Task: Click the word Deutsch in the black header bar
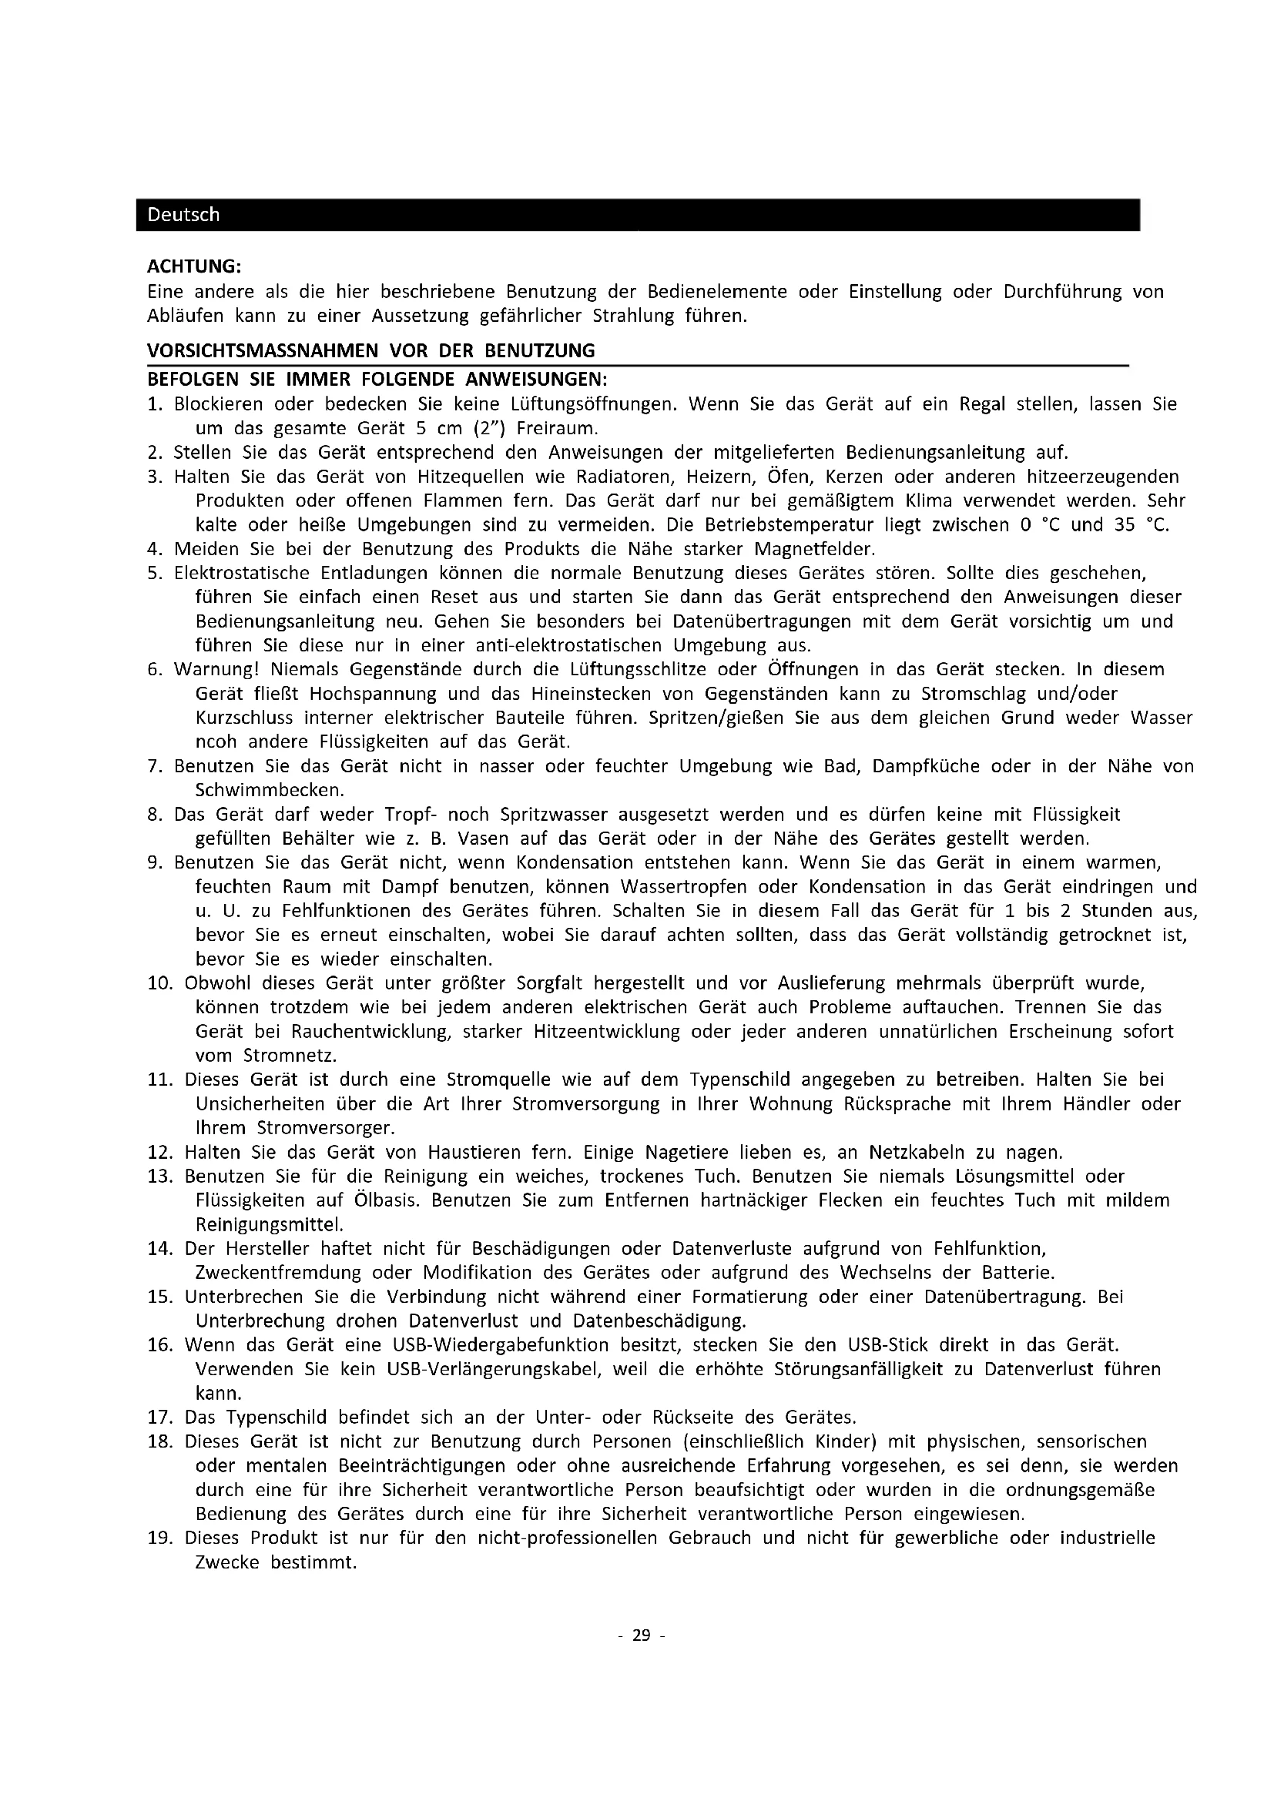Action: (183, 215)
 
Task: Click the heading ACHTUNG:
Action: (194, 267)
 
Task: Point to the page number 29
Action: (642, 1635)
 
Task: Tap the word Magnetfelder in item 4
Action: (815, 549)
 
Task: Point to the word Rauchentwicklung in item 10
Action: (370, 1032)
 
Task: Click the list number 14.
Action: (159, 1249)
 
